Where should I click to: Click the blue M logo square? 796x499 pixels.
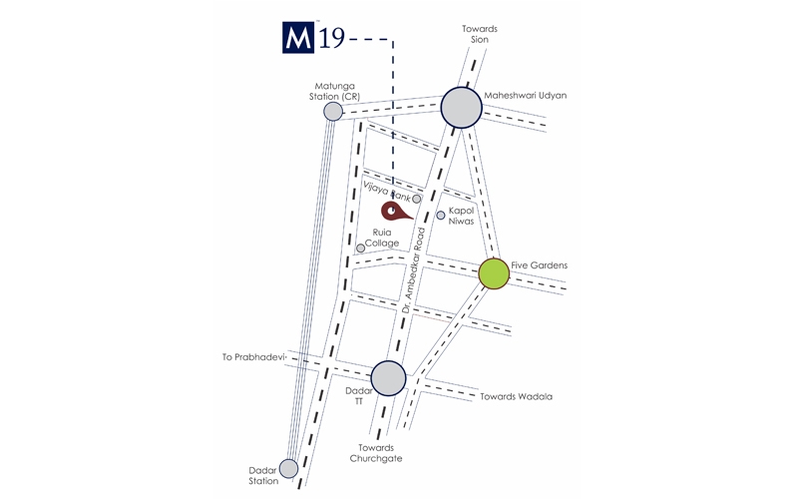pyautogui.click(x=298, y=37)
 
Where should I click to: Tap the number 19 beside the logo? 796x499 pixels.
pyautogui.click(x=332, y=38)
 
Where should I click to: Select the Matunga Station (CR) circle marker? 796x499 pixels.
pyautogui.click(x=333, y=112)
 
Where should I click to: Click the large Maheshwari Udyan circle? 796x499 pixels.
pyautogui.click(x=461, y=107)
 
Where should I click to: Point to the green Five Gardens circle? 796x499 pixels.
pyautogui.click(x=494, y=273)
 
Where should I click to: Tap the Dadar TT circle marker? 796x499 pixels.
pyautogui.click(x=388, y=378)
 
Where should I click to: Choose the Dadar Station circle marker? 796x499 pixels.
pyautogui.click(x=289, y=468)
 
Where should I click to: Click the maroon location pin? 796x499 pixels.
pyautogui.click(x=395, y=212)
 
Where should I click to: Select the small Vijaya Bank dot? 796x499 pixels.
pyautogui.click(x=416, y=199)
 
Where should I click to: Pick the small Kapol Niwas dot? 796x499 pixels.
pyautogui.click(x=441, y=215)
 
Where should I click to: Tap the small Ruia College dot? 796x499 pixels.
pyautogui.click(x=360, y=248)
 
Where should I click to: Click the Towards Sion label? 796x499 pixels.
pyautogui.click(x=479, y=34)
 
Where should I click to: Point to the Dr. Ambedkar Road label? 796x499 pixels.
pyautogui.click(x=414, y=269)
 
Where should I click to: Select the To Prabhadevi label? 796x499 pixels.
pyautogui.click(x=253, y=357)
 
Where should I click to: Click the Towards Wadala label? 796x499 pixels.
pyautogui.click(x=517, y=396)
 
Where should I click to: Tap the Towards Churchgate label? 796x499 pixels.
pyautogui.click(x=376, y=453)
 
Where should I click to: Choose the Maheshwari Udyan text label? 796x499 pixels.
pyautogui.click(x=526, y=96)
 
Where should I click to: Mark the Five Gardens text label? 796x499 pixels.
pyautogui.click(x=539, y=265)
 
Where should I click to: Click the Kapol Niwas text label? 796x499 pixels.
pyautogui.click(x=461, y=216)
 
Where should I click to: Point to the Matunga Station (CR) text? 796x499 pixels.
pyautogui.click(x=334, y=91)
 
